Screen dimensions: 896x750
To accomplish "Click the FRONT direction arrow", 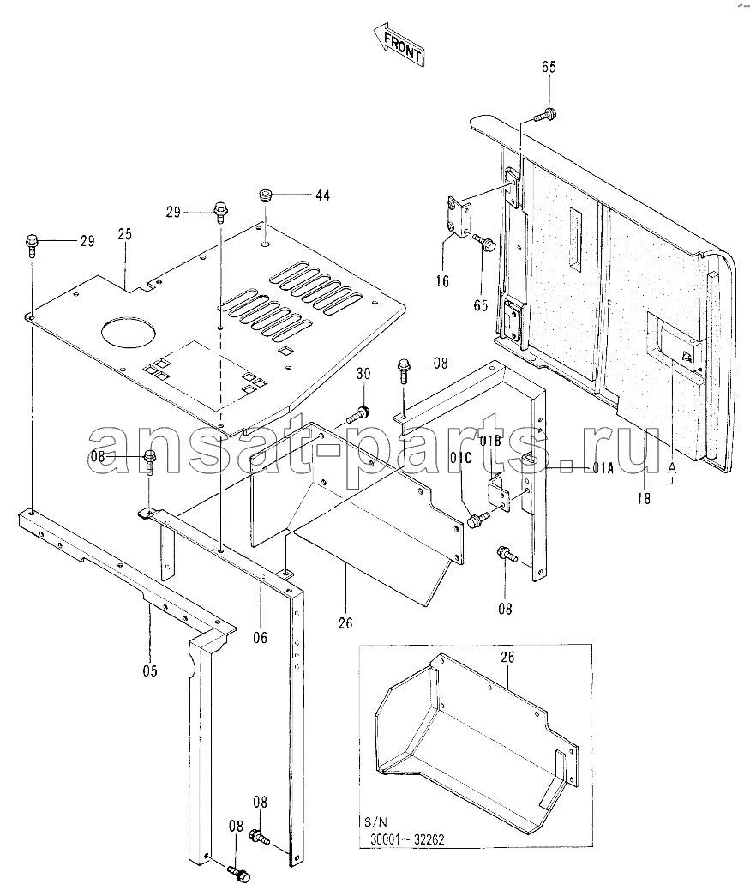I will coord(398,45).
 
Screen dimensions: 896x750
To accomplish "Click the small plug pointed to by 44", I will coord(266,196).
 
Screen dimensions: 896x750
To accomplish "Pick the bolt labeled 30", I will coord(357,416).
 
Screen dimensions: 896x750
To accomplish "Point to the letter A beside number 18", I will coord(672,467).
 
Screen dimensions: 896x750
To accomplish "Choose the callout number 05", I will coord(150,670).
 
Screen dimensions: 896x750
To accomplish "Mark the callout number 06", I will coord(260,638).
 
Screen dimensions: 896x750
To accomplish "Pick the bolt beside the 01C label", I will coord(478,518).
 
